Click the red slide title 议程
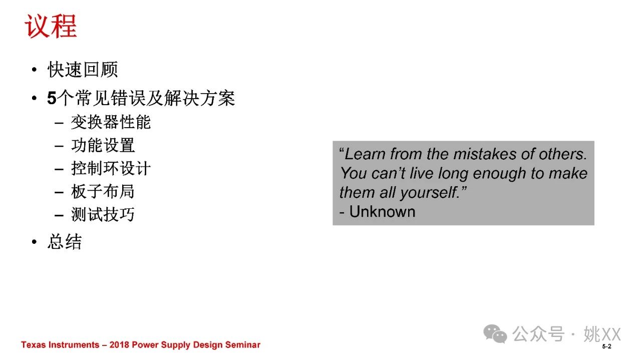click(x=51, y=26)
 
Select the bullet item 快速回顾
click(x=83, y=70)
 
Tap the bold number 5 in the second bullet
click(x=52, y=98)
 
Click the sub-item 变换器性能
click(x=111, y=122)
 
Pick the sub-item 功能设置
click(x=103, y=145)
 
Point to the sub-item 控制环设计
click(x=111, y=168)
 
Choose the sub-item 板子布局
click(x=103, y=191)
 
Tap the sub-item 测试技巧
click(x=103, y=214)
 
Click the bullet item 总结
click(x=65, y=242)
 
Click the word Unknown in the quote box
click(x=382, y=212)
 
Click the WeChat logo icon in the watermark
click(x=495, y=333)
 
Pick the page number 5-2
click(x=606, y=346)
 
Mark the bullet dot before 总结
click(x=35, y=242)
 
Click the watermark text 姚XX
click(x=602, y=333)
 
